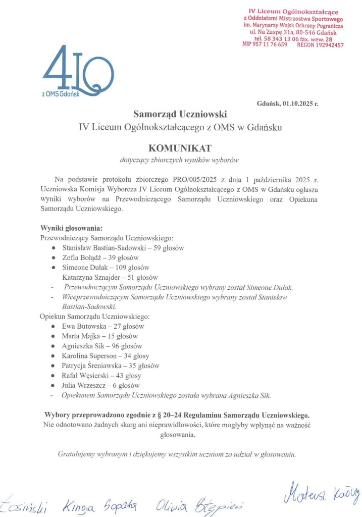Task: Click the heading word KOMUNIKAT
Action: [180, 148]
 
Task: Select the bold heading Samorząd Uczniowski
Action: [180, 114]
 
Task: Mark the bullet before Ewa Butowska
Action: [54, 327]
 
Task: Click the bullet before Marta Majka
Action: [54, 336]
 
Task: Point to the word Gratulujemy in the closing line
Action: [76, 453]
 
